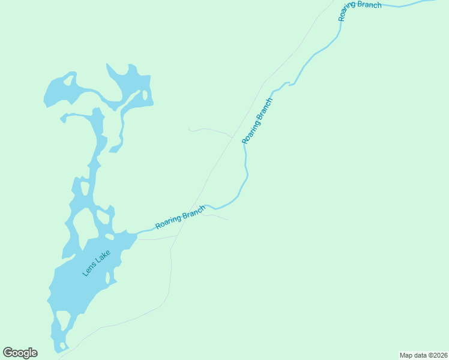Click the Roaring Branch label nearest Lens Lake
[x=180, y=217]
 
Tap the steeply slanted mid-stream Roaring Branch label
[x=257, y=121]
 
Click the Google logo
[x=20, y=353]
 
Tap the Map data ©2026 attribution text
[x=423, y=355]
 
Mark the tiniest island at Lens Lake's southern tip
[x=61, y=346]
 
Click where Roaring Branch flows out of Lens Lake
[x=137, y=234]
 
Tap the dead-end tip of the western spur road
[x=188, y=128]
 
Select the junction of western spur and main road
[x=232, y=138]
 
